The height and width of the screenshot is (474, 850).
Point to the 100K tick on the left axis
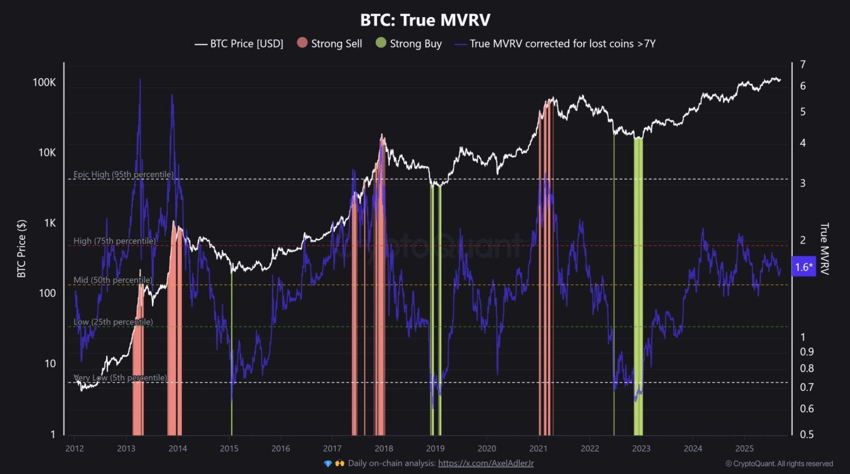pos(44,82)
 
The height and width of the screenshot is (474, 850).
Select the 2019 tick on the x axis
pos(434,448)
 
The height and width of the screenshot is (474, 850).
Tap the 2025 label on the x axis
pos(743,448)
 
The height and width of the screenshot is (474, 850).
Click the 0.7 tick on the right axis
pos(806,387)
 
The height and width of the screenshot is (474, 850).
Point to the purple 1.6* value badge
pos(804,266)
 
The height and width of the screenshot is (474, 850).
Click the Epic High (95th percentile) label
pos(123,175)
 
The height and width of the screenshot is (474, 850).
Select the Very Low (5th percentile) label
pos(120,378)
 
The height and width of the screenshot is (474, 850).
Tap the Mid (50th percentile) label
pos(113,280)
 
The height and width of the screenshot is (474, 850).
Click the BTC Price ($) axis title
pos(21,247)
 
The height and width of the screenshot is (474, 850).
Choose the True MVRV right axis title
pos(824,248)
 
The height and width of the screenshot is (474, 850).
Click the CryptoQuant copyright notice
pos(779,464)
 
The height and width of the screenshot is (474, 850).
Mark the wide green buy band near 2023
pos(638,281)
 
